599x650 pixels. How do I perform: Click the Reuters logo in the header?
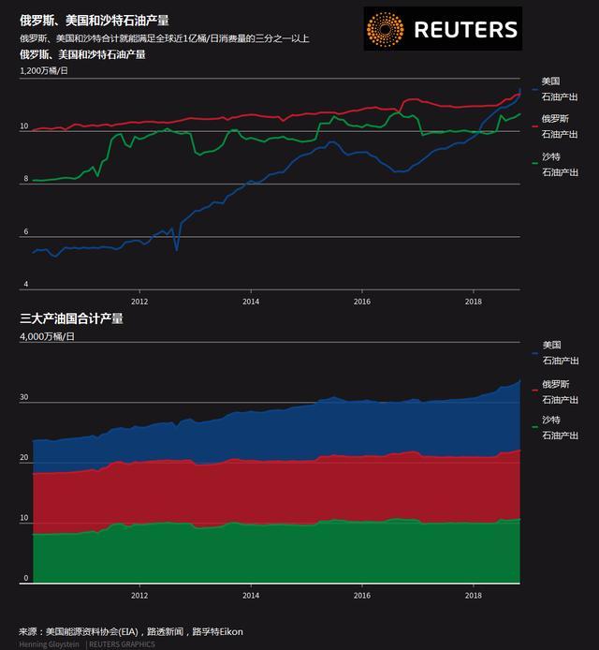click(442, 29)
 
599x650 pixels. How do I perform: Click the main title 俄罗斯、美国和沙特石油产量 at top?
click(95, 20)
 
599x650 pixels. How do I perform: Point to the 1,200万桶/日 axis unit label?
click(44, 71)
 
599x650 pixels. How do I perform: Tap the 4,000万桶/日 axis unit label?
click(44, 336)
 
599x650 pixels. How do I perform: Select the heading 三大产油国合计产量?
click(71, 319)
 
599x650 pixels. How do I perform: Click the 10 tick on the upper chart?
click(25, 126)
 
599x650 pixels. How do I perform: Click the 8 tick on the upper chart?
click(25, 179)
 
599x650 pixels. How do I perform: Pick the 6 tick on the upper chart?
click(25, 231)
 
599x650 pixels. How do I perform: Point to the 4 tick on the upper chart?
click(25, 284)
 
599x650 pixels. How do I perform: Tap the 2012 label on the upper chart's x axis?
click(139, 302)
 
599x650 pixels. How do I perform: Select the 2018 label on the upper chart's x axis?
click(474, 302)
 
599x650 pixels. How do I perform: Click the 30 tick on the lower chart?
click(25, 398)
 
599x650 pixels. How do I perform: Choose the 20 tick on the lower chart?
click(25, 458)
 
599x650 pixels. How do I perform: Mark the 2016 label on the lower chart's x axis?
click(362, 595)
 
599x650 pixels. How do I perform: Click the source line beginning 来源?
click(131, 631)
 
